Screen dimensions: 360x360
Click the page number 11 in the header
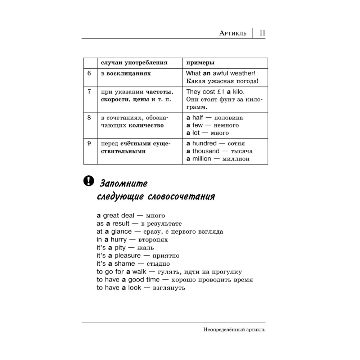coord(262,33)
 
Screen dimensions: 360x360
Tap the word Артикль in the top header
coord(233,33)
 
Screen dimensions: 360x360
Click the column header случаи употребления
coord(134,63)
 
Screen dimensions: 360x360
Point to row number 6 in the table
coord(89,73)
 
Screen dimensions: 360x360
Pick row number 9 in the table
coord(89,143)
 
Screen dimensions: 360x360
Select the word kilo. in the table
coord(240,91)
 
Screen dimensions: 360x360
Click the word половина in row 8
coord(229,118)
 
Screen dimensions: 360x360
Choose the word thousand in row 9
coord(206,151)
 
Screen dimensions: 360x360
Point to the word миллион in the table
coord(236,159)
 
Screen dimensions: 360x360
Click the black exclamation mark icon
coord(88,181)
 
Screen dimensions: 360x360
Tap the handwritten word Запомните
coord(123,183)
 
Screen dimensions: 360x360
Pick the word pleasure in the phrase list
coord(127,256)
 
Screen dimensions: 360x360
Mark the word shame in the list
coord(125,264)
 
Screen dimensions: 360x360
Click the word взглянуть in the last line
coord(169,288)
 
